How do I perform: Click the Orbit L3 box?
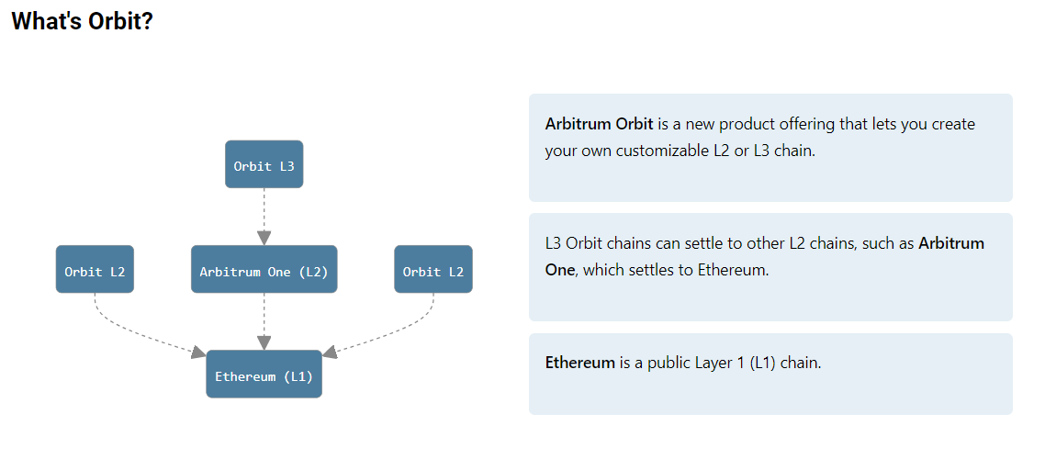(x=264, y=164)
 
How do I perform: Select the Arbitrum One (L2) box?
(x=264, y=269)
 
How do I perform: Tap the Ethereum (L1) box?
(x=264, y=374)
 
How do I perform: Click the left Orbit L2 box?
(x=95, y=269)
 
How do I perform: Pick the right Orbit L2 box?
(x=433, y=269)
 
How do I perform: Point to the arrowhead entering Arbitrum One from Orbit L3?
(x=264, y=238)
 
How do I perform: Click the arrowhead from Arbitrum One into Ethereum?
(x=264, y=343)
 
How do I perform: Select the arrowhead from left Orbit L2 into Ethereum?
(x=198, y=353)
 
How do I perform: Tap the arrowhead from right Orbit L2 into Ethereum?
(x=330, y=353)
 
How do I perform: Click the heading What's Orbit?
(x=82, y=22)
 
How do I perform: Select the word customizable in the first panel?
(x=657, y=151)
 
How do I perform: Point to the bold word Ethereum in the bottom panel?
(x=579, y=364)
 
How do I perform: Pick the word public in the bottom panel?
(x=667, y=364)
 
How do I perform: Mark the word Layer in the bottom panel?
(x=711, y=364)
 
